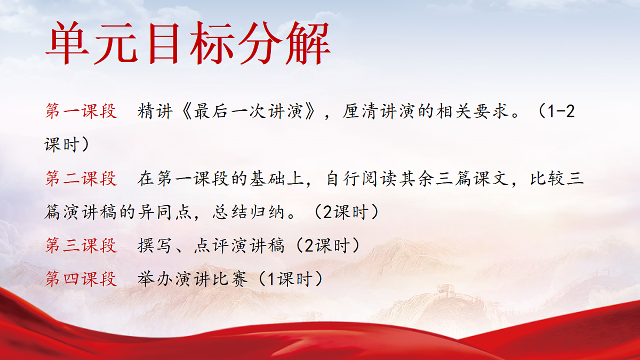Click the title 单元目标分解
pos(188,44)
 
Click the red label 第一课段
pos(81,111)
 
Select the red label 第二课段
pos(81,179)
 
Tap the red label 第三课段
pos(81,245)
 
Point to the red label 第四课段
pos(81,278)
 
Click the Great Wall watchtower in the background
pos(445,291)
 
